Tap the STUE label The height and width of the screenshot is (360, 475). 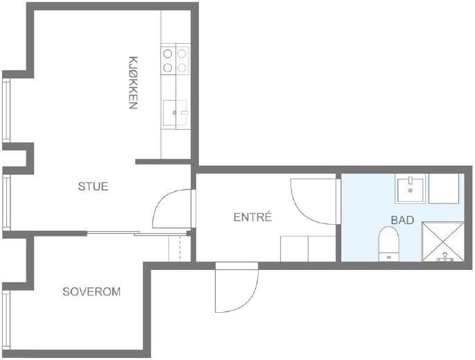tap(93, 187)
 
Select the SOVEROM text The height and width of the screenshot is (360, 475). tap(92, 292)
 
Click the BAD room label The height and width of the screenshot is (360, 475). tap(402, 220)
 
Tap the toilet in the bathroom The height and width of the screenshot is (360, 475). tap(388, 244)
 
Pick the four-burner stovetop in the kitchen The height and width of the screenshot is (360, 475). tap(175, 60)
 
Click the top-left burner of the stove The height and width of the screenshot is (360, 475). tap(168, 53)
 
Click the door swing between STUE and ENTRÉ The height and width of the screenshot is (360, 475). tap(171, 209)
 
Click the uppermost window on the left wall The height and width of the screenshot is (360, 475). tap(6, 111)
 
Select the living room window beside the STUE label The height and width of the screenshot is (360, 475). tap(6, 201)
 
